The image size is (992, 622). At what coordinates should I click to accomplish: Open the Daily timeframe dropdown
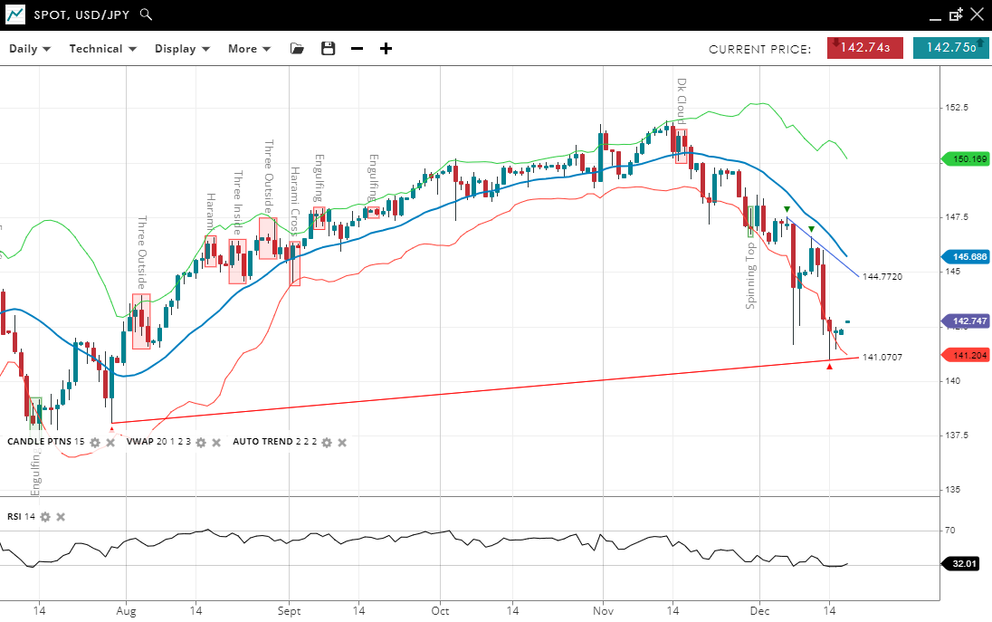(x=30, y=49)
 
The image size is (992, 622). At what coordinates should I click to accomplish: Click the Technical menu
(x=102, y=49)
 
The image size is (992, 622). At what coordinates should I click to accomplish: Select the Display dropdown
(x=182, y=49)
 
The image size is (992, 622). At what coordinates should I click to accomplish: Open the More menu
(x=249, y=49)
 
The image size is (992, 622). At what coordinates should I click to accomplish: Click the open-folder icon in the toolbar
(x=297, y=49)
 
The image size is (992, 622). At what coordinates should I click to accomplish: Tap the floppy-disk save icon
(x=329, y=49)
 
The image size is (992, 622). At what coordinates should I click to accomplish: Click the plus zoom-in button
(x=386, y=49)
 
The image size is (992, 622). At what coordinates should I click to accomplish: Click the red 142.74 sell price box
(x=864, y=48)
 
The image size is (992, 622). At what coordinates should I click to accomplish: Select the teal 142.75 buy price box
(x=950, y=48)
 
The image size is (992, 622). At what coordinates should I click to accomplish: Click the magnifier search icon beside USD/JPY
(x=147, y=15)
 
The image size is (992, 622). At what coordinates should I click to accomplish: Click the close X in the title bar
(x=977, y=14)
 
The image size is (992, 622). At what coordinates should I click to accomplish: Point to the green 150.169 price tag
(x=966, y=159)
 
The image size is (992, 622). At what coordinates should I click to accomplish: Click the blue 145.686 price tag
(x=966, y=257)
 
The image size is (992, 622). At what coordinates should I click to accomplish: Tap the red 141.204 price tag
(x=966, y=355)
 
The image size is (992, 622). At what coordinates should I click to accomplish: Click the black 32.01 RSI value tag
(x=965, y=564)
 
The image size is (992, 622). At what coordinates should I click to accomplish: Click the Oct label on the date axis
(x=440, y=610)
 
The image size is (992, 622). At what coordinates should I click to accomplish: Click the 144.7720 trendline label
(x=882, y=276)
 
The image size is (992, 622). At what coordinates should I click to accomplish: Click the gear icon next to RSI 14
(x=45, y=517)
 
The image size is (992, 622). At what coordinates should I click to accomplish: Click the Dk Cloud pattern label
(x=682, y=100)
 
